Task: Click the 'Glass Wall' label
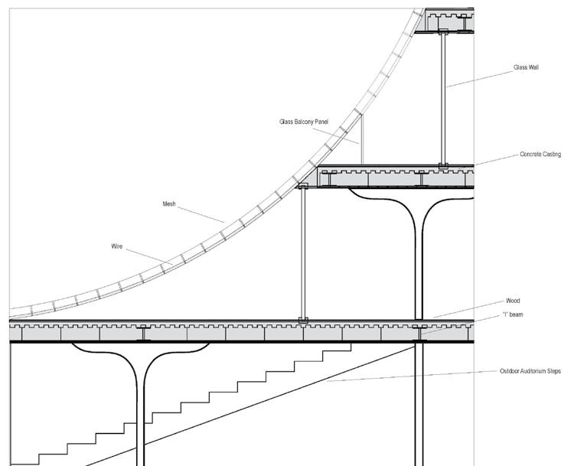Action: coord(527,67)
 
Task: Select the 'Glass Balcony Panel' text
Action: coord(304,122)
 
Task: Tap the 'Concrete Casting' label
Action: coord(540,155)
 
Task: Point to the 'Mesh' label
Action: coord(169,204)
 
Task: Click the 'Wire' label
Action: coord(117,246)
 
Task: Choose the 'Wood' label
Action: coord(513,301)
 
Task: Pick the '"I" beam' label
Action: coord(513,314)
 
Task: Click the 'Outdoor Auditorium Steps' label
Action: coord(530,371)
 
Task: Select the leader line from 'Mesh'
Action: coord(201,213)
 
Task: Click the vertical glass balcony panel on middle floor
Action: coord(362,139)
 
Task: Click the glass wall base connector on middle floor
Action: coord(443,165)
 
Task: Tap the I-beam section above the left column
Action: coord(143,333)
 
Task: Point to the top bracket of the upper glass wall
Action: coord(443,31)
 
